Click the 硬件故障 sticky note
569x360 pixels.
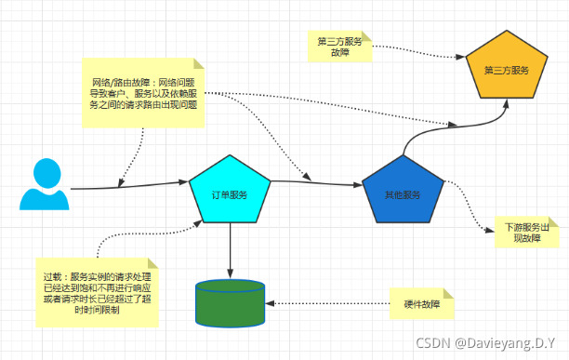pos(421,304)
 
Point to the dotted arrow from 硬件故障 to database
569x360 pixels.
pos(325,303)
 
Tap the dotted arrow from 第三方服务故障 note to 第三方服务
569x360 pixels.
pos(418,54)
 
